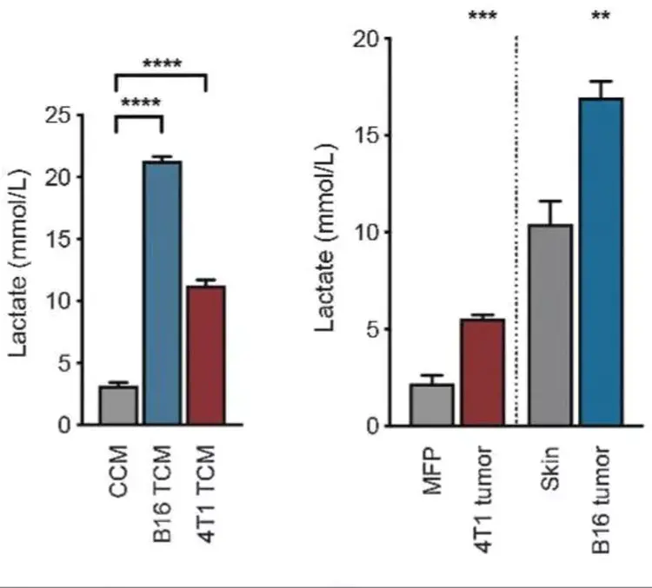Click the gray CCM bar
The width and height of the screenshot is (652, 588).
point(117,406)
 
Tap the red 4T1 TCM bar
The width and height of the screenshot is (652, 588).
point(207,355)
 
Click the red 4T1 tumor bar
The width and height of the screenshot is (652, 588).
point(482,373)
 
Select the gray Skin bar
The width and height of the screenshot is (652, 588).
point(550,326)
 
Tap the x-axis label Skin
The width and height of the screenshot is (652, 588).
point(551,468)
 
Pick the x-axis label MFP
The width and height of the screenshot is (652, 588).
point(432,470)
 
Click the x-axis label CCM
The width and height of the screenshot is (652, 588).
point(118,470)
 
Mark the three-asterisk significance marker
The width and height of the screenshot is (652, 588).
point(482,17)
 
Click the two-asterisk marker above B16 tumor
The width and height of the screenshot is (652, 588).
point(601,17)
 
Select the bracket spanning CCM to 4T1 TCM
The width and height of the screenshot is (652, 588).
point(161,76)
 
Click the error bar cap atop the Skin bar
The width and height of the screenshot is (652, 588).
point(550,202)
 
